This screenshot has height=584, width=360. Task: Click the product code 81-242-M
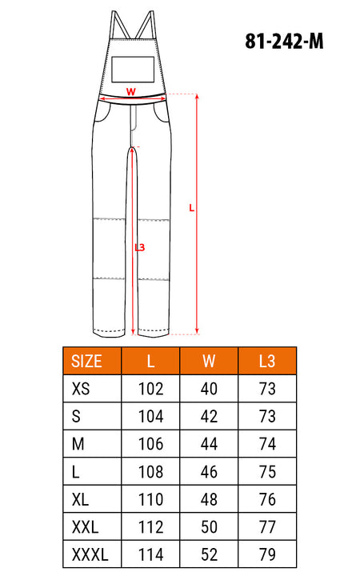tap(284, 41)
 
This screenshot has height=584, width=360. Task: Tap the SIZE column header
tap(86, 362)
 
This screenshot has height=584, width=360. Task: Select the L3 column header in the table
tap(267, 362)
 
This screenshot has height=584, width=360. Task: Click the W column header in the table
tap(209, 362)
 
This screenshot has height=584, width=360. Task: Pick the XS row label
tap(81, 389)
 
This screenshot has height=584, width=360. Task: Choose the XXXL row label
tap(90, 554)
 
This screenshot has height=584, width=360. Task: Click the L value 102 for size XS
tap(150, 389)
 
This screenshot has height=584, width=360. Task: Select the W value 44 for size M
tap(209, 444)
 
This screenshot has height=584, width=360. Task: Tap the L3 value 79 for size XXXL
tap(267, 554)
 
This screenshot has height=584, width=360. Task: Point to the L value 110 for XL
tap(150, 499)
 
